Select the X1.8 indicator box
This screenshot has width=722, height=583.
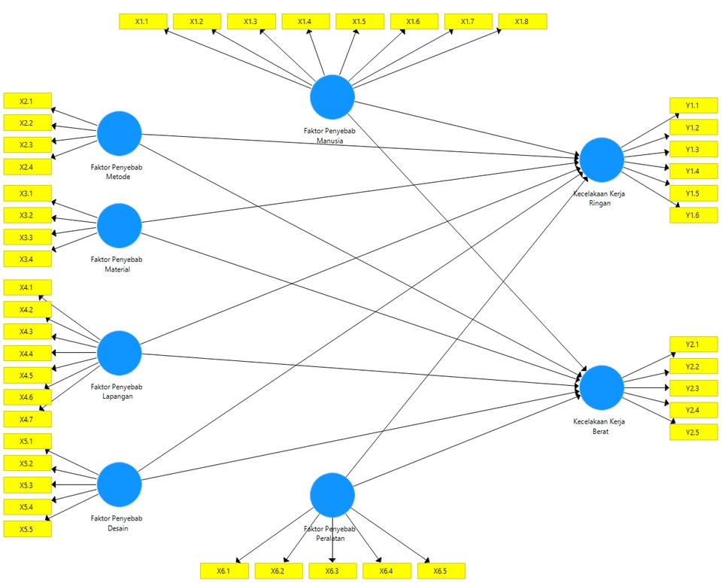point(522,22)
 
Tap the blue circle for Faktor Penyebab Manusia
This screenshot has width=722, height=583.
point(332,97)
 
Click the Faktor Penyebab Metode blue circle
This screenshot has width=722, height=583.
point(120,133)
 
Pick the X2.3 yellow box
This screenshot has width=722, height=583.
point(28,144)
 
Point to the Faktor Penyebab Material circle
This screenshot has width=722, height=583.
point(120,225)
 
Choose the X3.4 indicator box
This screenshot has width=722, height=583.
point(28,260)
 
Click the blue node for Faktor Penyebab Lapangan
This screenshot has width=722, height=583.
point(120,353)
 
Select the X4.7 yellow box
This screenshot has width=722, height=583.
point(28,419)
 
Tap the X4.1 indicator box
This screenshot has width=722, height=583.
point(28,287)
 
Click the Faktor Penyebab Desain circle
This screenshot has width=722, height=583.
point(120,484)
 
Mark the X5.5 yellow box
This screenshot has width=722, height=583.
point(28,530)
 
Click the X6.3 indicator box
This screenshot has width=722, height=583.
point(332,571)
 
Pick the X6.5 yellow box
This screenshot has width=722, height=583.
point(441,571)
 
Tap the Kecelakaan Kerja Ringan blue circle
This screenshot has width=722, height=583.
point(602,159)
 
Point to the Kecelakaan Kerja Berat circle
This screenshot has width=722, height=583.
point(602,387)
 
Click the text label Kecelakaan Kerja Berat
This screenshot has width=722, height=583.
point(599,427)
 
